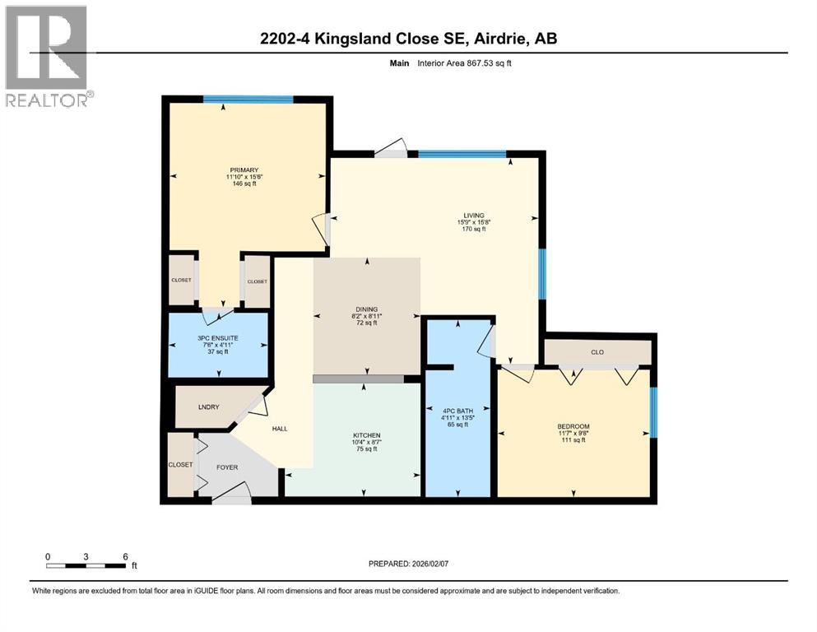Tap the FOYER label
227,467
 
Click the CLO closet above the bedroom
597,352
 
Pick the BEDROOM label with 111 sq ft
573,426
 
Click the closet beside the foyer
179,465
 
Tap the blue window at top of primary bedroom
248,100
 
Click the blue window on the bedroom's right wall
653,411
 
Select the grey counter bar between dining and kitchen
358,379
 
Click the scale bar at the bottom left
86,566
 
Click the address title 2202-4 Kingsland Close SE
408,38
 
